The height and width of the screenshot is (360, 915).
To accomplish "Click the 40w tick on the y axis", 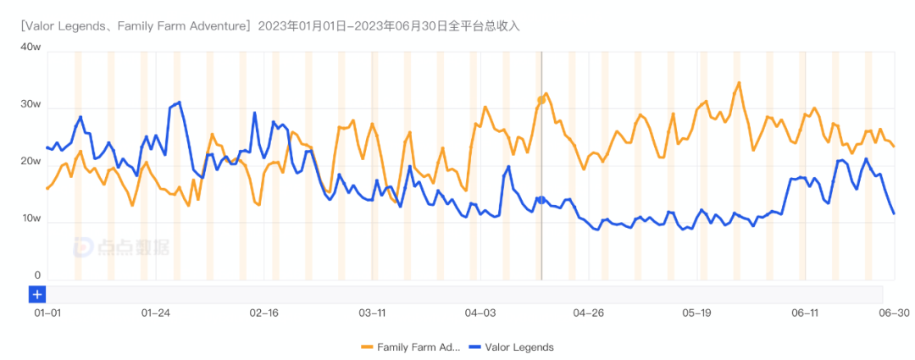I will (30, 47).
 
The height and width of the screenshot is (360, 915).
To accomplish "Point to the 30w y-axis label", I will (30, 104).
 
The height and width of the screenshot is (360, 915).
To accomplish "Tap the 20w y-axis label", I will (30, 162).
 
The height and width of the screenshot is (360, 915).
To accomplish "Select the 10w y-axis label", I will (30, 219).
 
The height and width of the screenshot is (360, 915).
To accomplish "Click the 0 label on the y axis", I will (37, 275).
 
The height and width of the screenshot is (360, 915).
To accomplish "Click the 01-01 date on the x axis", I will (47, 313).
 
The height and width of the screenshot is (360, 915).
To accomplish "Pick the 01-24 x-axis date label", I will (156, 313).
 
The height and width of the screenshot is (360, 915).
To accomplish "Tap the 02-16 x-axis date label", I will (264, 313).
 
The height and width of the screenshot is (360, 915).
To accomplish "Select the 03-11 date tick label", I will (373, 313).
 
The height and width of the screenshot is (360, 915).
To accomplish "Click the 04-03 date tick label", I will (480, 313).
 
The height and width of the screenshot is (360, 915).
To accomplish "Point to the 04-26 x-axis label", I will (589, 313).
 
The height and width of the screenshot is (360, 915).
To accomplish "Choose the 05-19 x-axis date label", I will (696, 313).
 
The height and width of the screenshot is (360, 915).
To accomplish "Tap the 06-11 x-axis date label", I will (805, 313).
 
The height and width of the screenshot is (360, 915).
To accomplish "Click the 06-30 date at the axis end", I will (893, 313).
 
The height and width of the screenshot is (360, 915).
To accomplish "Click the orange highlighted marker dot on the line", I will (541, 100).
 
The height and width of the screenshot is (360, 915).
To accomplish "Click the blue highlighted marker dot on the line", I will (541, 200).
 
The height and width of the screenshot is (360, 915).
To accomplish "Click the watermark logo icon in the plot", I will (86, 246).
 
